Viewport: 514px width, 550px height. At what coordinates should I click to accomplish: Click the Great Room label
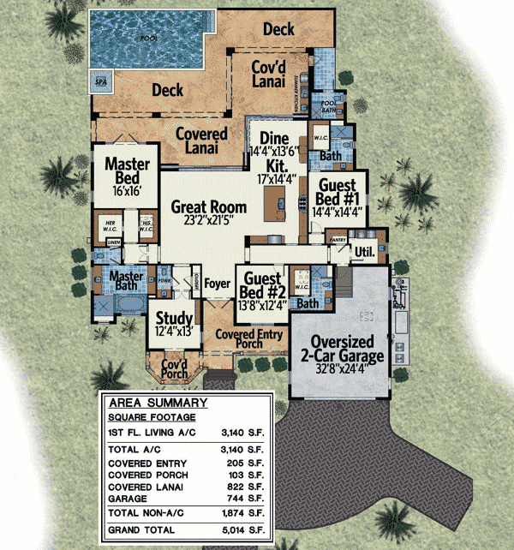point(208,206)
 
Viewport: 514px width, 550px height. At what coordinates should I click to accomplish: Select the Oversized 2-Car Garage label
point(346,347)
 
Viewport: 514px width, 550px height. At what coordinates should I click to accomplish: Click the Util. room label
point(366,251)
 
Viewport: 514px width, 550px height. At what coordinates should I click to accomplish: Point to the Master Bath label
point(123,282)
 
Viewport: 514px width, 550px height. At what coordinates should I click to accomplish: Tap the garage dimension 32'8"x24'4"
point(347,372)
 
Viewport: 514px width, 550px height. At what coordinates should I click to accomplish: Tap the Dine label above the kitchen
point(274,138)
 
